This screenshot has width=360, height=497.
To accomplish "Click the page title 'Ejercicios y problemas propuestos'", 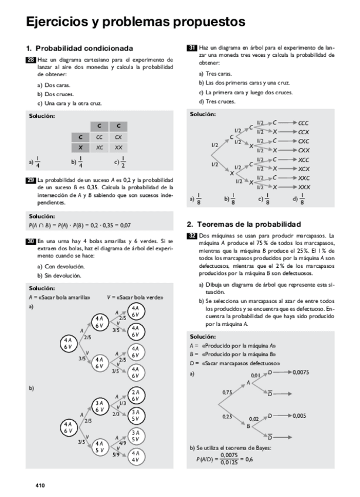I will (x=135, y=22).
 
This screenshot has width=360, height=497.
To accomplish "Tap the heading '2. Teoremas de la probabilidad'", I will (x=243, y=224).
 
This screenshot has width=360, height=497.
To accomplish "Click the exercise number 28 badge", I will (x=31, y=59).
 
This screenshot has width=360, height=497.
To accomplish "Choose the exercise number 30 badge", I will (x=31, y=241).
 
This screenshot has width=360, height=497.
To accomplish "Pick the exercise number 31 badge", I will (x=192, y=47).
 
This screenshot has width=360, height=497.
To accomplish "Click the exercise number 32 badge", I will (x=192, y=235).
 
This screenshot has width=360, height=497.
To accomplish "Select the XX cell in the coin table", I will (x=118, y=147).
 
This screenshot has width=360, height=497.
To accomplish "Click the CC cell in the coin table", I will (x=99, y=137).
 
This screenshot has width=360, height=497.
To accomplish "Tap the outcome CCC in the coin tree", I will (x=303, y=123).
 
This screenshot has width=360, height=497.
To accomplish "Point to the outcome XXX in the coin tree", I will (x=304, y=187).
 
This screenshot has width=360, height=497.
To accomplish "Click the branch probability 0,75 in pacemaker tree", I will (x=227, y=392).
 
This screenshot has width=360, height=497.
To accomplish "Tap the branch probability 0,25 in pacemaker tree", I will (x=227, y=416).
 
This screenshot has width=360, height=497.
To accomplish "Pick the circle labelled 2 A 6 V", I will (x=135, y=395).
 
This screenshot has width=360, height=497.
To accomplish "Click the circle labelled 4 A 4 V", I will (x=135, y=457).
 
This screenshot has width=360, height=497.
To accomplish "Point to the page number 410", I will (x=40, y=485).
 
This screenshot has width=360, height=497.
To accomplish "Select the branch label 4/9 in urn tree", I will (x=122, y=442).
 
